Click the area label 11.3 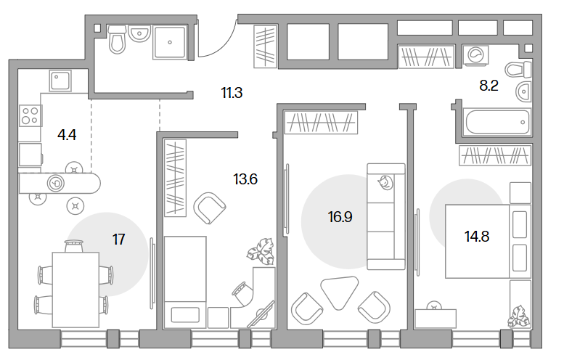coord(232,93)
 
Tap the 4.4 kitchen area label coord(67,135)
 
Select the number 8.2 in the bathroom coord(489,86)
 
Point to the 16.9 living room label coord(340,217)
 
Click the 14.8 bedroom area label coord(477,237)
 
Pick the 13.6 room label coord(245,179)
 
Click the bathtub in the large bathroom coord(497,122)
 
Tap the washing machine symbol coord(475,56)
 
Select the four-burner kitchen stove coord(30,116)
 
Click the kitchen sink coord(60,81)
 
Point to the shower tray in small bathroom coord(170,42)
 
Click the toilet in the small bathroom coord(118,39)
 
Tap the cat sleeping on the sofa coord(385,182)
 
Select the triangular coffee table coord(340,292)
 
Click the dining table coord(75,290)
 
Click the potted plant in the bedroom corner coord(519,316)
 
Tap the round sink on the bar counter coord(56,184)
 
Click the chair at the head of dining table coord(74,246)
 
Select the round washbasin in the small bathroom coord(139,33)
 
